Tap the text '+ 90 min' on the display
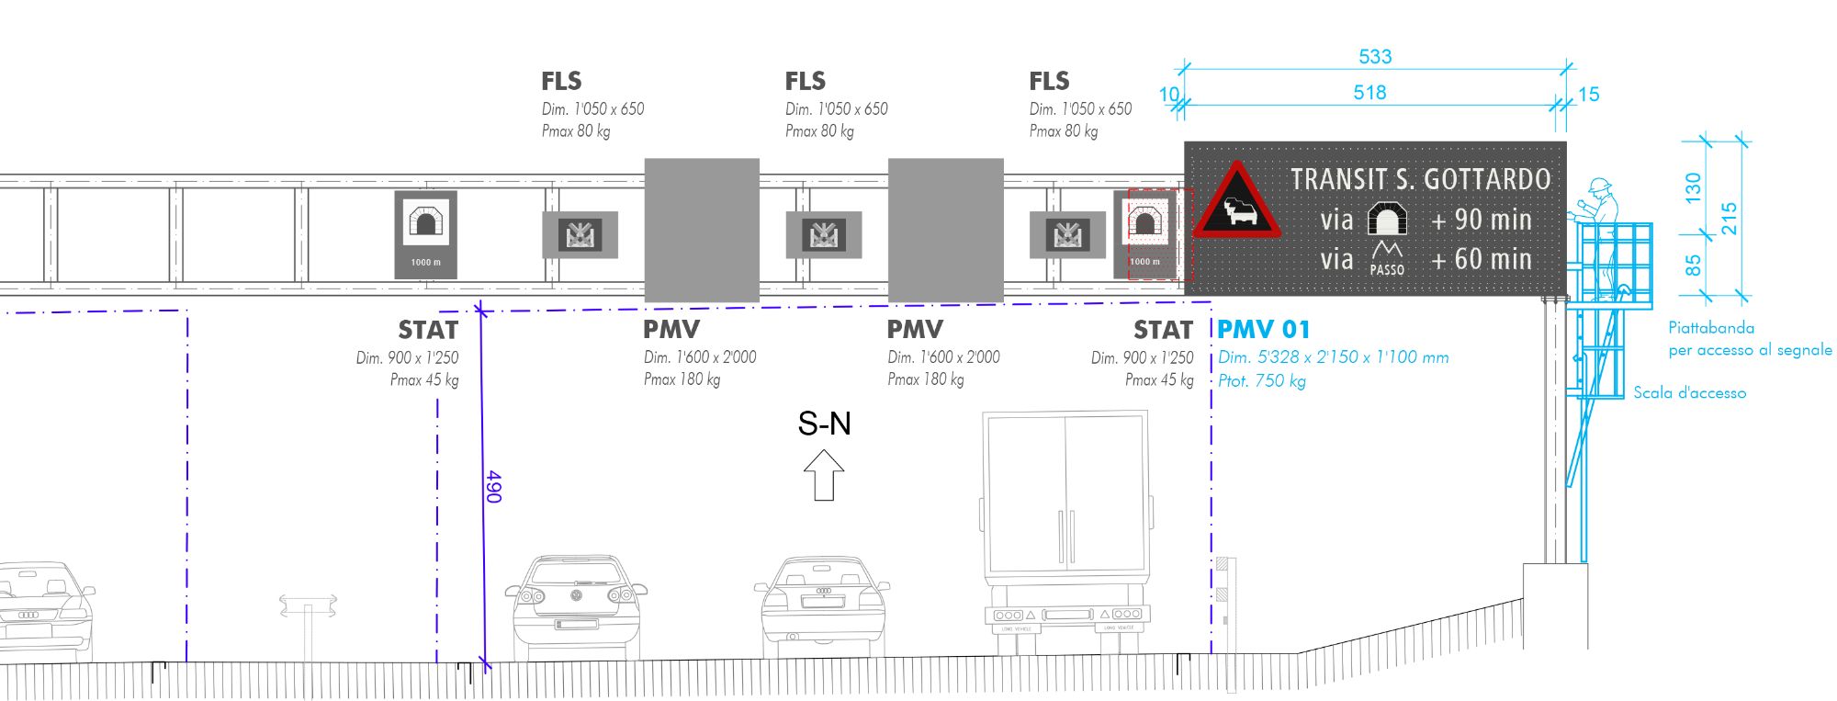1482,220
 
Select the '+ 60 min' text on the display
1482,260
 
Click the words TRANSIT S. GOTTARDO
1420,179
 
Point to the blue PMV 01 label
1264,330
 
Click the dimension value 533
1375,57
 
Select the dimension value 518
1369,93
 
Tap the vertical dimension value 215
1729,219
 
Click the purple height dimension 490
493,486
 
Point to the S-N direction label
824,424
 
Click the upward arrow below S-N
824,474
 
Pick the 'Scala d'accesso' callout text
1689,393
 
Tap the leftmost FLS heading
561,82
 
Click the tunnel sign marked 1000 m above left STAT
425,234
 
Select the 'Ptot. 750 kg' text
1262,381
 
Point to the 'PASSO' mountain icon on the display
1387,258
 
